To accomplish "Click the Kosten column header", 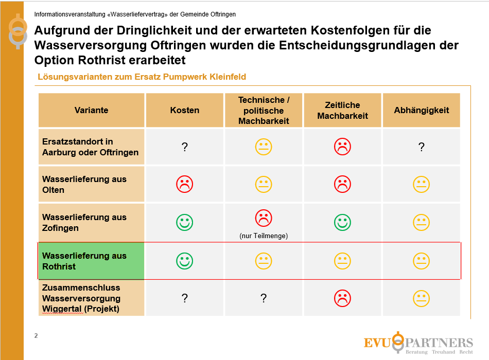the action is (185, 110).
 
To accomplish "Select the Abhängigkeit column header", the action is (422, 110).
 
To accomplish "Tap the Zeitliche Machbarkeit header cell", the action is (342, 110).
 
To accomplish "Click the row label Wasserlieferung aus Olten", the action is (84, 184).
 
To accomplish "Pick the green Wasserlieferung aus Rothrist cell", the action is (92, 261).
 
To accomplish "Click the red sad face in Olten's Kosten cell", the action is (185, 184).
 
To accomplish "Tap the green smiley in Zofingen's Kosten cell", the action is (185, 222).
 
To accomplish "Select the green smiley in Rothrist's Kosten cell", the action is (185, 261).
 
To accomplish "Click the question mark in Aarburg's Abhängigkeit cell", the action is (422, 147).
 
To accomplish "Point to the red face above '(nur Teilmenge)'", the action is (264, 218).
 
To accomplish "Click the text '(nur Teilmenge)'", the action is (264, 236).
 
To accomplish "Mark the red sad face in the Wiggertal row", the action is (342, 298).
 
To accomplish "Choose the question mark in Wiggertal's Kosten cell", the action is (185, 298).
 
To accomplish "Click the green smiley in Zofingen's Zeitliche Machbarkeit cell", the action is (342, 222).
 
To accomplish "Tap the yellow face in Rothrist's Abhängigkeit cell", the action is (422, 261).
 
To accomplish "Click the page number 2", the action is (36, 336).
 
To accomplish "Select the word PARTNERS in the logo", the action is (439, 343).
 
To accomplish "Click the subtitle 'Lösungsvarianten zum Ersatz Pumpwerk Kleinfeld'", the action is (142, 77).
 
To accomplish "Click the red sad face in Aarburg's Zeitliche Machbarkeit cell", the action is (342, 147).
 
